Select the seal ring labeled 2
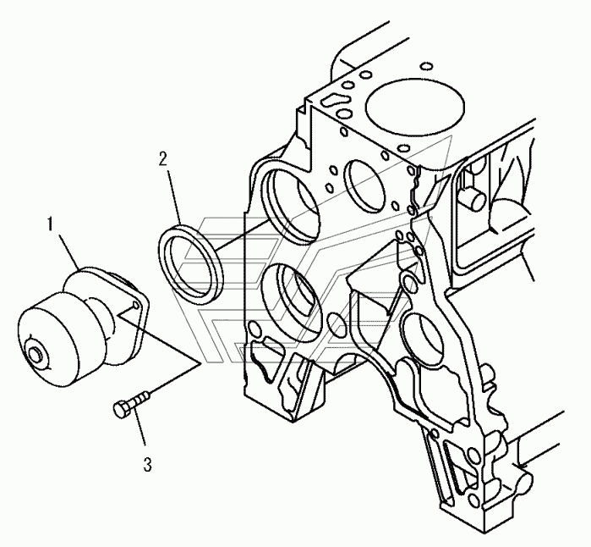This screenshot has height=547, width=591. [192, 254]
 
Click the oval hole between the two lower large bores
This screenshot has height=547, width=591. [337, 320]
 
